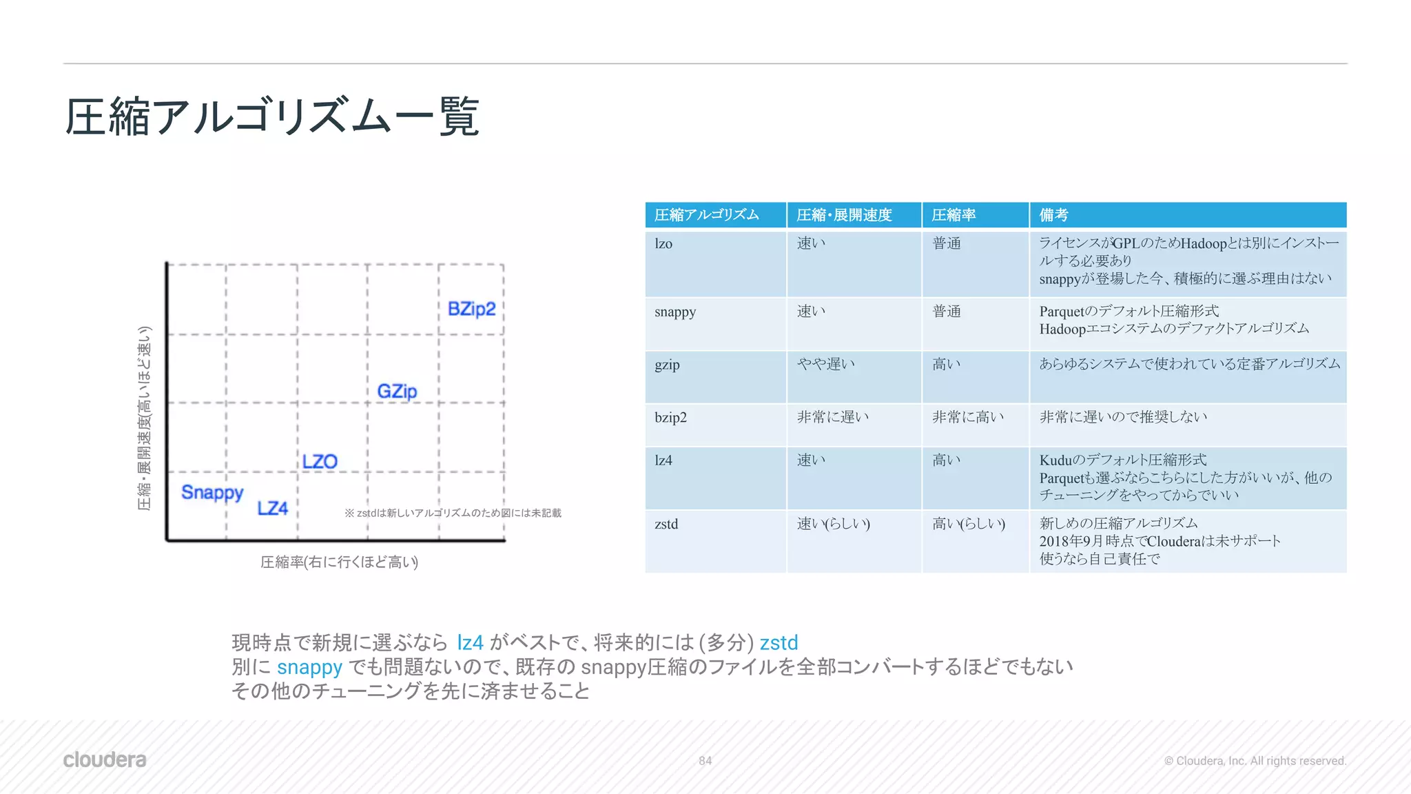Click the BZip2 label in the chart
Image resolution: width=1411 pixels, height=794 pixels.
coord(471,309)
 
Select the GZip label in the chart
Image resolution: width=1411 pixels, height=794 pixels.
coord(397,391)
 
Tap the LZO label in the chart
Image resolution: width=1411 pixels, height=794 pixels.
coord(320,462)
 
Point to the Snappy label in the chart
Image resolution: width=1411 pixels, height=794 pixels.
coord(212,493)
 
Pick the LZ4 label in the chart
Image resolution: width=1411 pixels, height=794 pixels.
coord(272,509)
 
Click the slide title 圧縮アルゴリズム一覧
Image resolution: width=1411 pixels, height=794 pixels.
coord(272,116)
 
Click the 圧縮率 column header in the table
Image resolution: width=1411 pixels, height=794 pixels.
coord(954,215)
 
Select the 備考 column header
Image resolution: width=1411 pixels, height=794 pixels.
coord(1053,215)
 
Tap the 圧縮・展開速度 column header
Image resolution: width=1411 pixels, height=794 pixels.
coord(844,215)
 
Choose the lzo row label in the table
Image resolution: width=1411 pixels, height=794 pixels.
coord(663,244)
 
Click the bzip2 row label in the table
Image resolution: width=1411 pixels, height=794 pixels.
coord(670,418)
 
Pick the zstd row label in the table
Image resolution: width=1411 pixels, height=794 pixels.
coord(666,525)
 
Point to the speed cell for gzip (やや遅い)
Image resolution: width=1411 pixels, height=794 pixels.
coord(826,364)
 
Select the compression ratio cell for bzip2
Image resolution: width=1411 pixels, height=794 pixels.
coord(968,417)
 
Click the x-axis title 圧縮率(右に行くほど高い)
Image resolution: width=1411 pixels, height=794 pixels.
coord(339,562)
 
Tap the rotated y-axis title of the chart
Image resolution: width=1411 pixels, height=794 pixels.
coord(144,418)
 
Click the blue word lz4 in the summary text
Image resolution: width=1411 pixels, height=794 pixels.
coord(470,642)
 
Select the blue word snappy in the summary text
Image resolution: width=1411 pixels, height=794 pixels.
coord(309,667)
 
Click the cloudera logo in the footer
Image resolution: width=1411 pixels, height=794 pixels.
coord(105,760)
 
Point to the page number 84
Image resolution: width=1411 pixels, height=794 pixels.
coord(705,761)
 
